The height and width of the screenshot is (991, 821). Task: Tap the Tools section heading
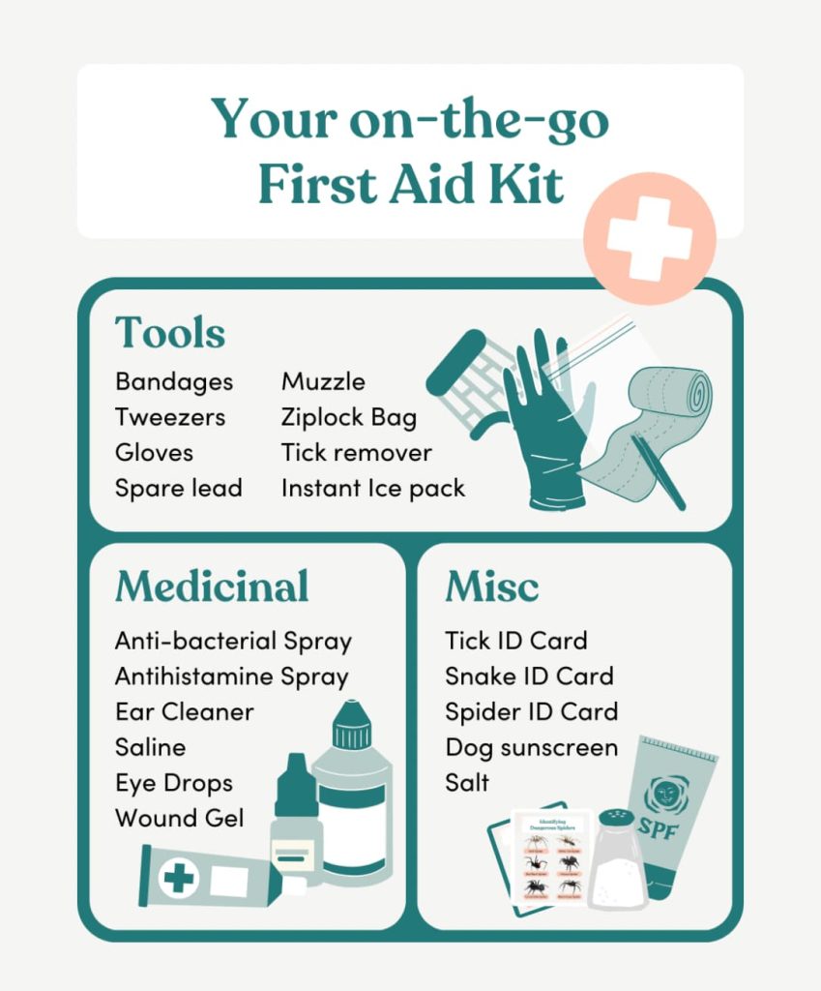[170, 333]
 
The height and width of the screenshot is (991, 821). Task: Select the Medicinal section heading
[212, 586]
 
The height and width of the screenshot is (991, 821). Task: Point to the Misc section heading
[491, 586]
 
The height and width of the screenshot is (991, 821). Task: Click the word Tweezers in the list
[170, 417]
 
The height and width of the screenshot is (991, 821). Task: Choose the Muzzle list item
[323, 381]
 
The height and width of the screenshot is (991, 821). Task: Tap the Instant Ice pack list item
[373, 488]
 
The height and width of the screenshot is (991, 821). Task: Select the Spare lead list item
[178, 488]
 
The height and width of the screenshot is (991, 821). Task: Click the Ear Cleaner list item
[184, 711]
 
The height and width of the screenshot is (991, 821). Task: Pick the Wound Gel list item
[180, 818]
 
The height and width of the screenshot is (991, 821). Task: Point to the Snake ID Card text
[529, 676]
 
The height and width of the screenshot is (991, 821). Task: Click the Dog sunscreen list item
[531, 747]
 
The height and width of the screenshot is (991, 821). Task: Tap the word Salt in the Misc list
[467, 782]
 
